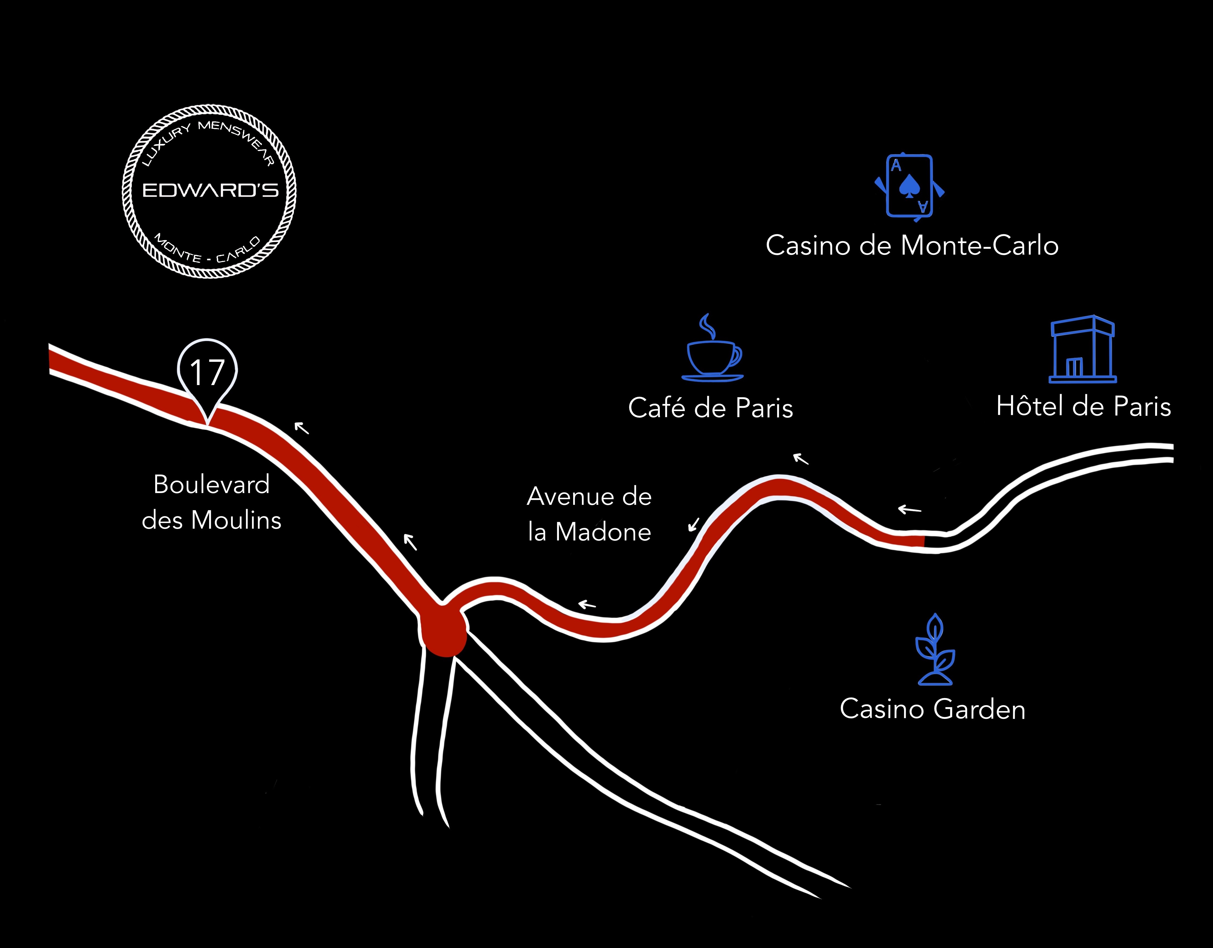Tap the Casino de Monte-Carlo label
(x=912, y=246)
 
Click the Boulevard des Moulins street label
(x=212, y=502)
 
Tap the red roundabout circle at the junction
(x=443, y=630)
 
